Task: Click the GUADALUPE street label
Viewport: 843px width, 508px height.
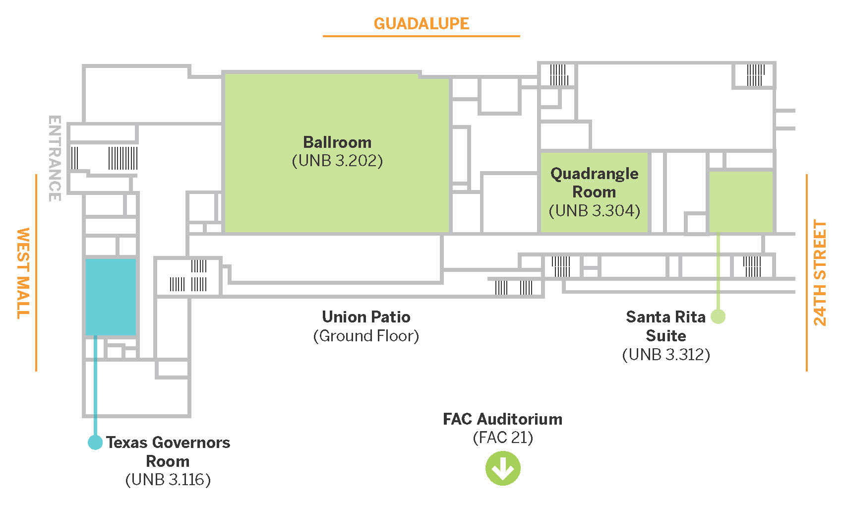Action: (421, 23)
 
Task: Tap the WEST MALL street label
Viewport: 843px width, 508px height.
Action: (23, 272)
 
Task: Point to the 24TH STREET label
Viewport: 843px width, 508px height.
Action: (820, 272)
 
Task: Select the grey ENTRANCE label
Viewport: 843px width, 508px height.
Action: (55, 158)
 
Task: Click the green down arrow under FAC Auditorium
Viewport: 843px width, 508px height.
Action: (502, 468)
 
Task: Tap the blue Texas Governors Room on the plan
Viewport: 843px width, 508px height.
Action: (111, 297)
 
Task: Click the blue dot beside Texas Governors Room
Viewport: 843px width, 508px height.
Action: (95, 442)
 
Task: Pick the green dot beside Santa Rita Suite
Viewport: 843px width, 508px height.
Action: (718, 316)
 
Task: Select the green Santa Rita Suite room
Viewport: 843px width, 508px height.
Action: (741, 201)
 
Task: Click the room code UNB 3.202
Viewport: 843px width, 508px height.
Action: (337, 161)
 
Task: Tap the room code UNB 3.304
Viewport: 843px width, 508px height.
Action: (594, 211)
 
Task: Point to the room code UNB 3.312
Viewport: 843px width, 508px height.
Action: (666, 355)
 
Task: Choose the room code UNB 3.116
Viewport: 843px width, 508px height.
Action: (168, 480)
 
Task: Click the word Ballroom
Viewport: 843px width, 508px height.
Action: (337, 142)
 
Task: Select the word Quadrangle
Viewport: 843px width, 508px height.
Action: (594, 174)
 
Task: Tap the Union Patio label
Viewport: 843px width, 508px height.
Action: (366, 317)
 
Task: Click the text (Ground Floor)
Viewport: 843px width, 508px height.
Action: (366, 336)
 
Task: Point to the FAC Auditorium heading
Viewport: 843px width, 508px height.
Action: (502, 419)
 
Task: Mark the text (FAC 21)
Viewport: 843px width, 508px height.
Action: (502, 438)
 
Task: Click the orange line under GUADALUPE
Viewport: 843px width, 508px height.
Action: (421, 36)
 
